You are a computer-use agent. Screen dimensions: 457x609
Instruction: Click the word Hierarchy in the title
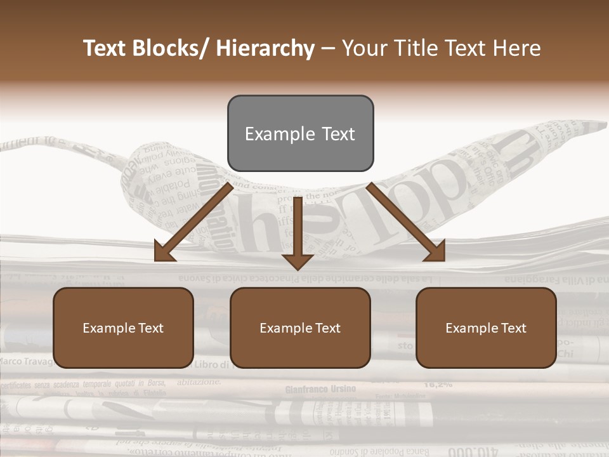(265, 49)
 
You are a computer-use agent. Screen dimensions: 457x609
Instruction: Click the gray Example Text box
(300, 133)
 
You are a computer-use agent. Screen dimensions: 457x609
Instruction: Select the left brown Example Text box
(123, 328)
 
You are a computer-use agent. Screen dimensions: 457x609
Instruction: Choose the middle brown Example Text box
(300, 328)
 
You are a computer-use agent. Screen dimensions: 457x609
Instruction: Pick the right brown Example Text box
(486, 328)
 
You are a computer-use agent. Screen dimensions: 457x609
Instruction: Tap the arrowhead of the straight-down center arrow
(298, 261)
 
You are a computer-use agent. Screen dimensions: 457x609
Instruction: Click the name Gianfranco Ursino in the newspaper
(320, 388)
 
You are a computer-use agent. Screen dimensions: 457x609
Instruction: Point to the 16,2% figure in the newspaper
(437, 384)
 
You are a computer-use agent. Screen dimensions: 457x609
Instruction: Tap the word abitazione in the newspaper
(199, 382)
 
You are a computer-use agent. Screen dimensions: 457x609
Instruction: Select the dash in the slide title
(328, 49)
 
